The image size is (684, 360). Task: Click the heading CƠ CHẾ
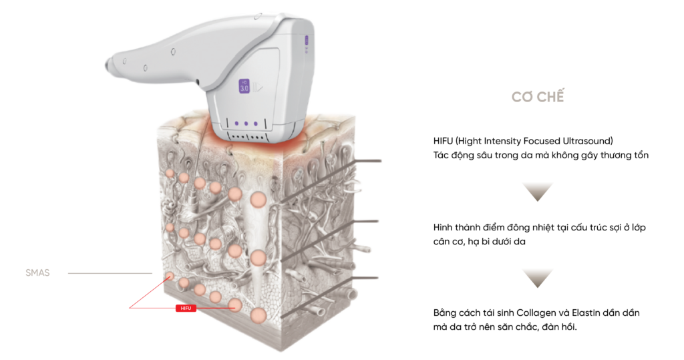pos(538,97)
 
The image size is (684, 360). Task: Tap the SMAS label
pos(37,273)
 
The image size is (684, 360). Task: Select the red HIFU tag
pos(184,309)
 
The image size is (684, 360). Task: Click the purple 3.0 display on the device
pos(244,85)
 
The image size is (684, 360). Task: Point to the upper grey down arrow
pos(538,191)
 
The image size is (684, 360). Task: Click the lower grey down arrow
pos(538,277)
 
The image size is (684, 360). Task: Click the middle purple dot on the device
pos(246,123)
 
